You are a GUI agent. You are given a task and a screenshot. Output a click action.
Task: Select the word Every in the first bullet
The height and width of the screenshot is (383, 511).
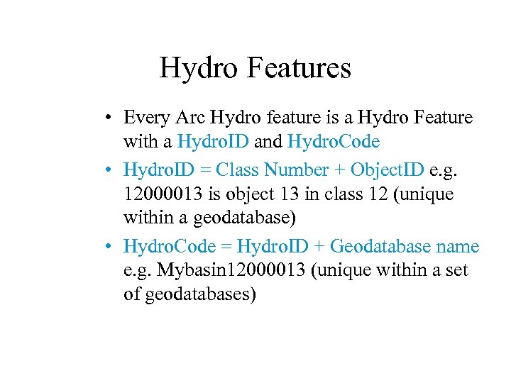click(x=145, y=118)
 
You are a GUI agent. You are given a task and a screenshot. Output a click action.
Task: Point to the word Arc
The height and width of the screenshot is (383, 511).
click(x=190, y=118)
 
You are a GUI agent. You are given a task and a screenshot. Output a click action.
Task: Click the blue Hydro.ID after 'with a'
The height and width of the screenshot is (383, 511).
click(x=213, y=142)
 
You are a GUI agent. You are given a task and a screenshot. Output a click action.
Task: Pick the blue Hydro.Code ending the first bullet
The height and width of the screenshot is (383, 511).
click(x=334, y=142)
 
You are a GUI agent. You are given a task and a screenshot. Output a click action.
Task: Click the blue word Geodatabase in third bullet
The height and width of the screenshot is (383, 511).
click(x=380, y=247)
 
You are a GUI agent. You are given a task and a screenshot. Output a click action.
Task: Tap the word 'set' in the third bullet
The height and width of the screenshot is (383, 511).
click(x=458, y=271)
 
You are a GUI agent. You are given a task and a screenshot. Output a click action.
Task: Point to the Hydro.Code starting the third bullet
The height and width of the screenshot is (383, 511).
click(x=170, y=247)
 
